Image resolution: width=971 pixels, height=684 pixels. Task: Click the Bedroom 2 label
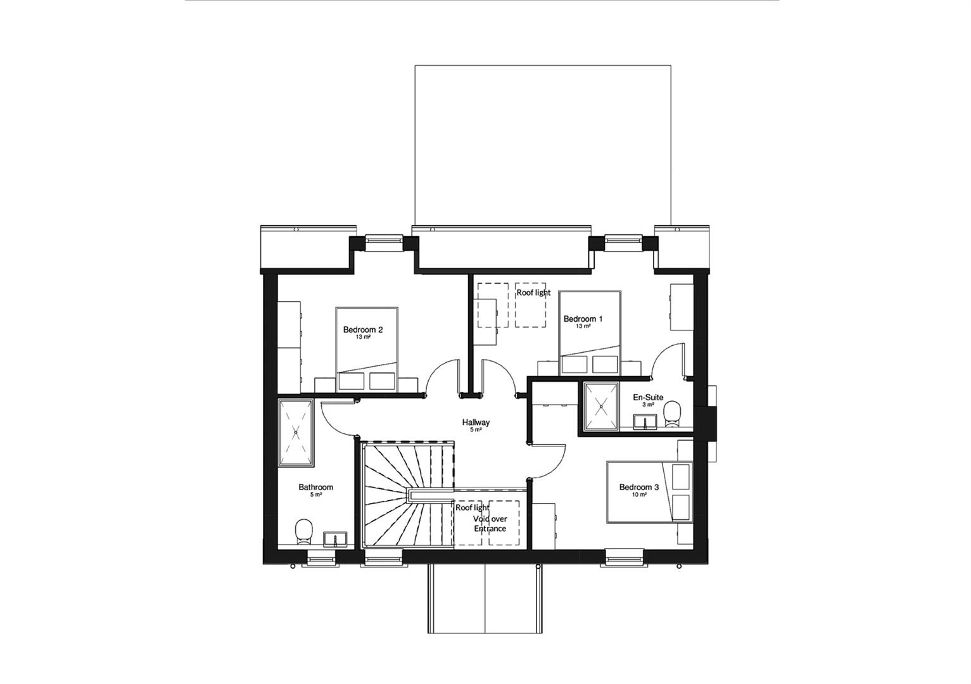pos(363,329)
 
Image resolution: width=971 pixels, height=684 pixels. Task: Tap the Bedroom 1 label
pos(583,319)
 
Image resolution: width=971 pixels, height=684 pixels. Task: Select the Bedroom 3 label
pos(639,487)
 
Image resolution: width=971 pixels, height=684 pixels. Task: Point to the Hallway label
pos(476,422)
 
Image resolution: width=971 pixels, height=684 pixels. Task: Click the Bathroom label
pos(315,487)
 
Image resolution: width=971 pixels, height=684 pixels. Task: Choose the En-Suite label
pos(648,397)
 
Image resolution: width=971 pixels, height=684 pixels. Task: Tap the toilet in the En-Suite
pos(672,414)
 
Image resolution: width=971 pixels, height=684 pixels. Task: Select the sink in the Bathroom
pos(336,539)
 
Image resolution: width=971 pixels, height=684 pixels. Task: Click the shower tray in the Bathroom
pos(296,433)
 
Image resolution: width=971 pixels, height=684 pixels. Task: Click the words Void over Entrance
pos(490,524)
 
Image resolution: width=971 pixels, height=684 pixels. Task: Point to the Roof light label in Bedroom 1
pos(533,293)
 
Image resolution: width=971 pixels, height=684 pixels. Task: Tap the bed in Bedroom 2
pos(367,350)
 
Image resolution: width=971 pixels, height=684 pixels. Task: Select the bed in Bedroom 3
pos(650,492)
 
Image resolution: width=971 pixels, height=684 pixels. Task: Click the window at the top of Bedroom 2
pos(384,242)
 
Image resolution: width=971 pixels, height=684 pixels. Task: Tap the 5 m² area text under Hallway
pos(476,430)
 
